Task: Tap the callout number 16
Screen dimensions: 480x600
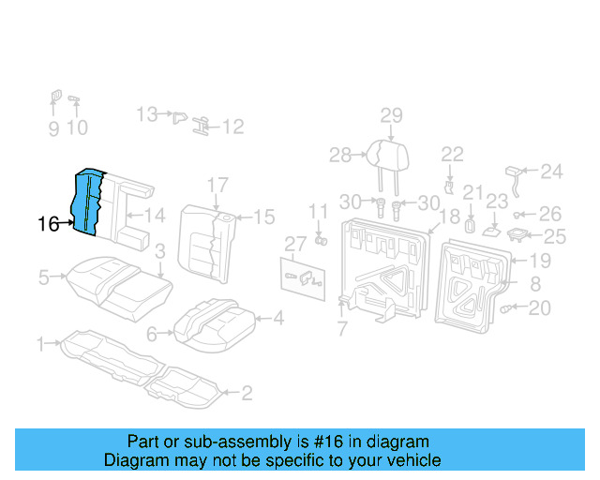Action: click(x=49, y=224)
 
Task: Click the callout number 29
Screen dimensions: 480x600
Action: click(x=391, y=116)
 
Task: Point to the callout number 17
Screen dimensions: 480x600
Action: click(x=217, y=184)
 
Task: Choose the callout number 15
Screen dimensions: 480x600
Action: click(x=265, y=217)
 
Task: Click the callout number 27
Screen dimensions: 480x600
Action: click(x=295, y=245)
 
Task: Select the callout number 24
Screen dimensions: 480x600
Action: click(x=552, y=172)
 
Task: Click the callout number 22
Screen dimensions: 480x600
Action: click(x=453, y=154)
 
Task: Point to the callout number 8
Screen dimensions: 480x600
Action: click(x=534, y=284)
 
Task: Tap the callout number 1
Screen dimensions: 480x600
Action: click(x=40, y=345)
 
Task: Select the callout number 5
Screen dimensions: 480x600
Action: click(x=43, y=277)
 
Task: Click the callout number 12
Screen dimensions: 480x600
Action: click(x=232, y=127)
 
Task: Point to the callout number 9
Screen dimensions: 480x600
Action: click(x=53, y=128)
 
